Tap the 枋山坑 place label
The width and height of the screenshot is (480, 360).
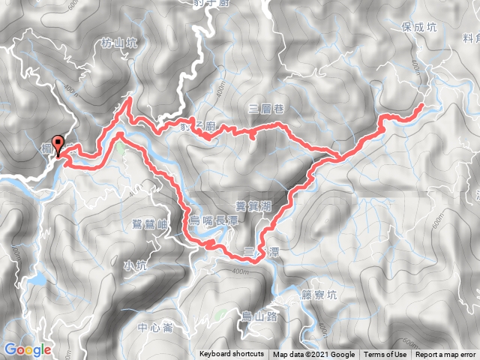(118, 44)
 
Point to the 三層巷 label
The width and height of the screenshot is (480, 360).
(268, 109)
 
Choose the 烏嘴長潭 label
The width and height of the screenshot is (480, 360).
(217, 219)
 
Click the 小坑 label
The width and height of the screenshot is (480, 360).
(136, 264)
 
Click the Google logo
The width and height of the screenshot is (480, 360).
(27, 349)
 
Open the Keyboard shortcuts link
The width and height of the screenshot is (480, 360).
(232, 355)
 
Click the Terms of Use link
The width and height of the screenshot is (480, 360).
(385, 355)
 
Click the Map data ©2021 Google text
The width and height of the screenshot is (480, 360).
(313, 355)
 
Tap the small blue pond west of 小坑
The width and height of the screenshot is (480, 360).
(35, 281)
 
